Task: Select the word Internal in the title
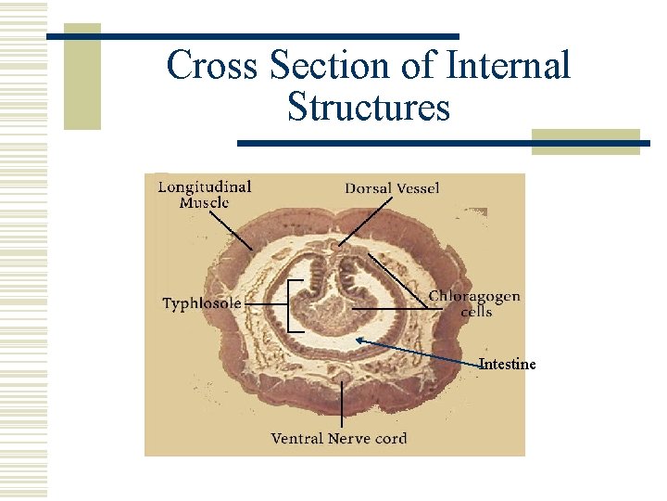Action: tap(508, 66)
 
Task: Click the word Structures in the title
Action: tap(369, 107)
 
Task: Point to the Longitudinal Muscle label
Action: tap(204, 194)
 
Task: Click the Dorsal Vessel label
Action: tap(392, 188)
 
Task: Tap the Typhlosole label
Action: tap(202, 303)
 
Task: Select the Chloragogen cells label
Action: tap(474, 303)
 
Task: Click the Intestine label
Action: tap(508, 364)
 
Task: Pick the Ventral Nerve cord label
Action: tap(338, 438)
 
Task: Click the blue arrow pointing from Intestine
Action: tap(417, 352)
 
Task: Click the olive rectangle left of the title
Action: tap(82, 76)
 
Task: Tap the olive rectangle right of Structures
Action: tap(585, 141)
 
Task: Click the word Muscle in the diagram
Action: tap(204, 203)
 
